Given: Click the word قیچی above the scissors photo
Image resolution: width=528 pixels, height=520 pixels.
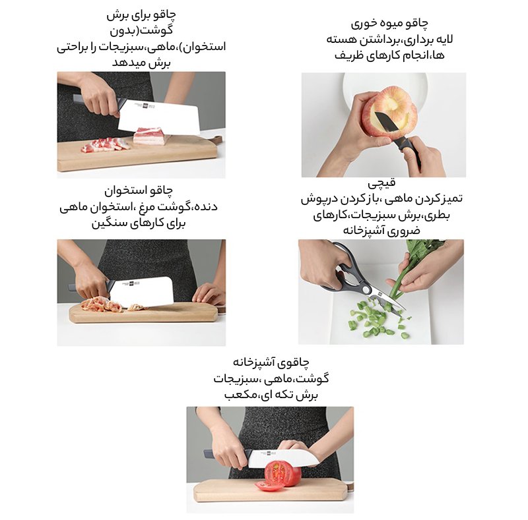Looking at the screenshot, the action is point(381,183).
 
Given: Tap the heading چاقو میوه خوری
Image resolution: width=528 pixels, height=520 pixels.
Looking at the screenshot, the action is point(389,24).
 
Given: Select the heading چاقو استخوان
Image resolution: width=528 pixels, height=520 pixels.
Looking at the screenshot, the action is point(139,190).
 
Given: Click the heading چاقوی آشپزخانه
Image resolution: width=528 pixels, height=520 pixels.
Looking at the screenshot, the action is point(271,362).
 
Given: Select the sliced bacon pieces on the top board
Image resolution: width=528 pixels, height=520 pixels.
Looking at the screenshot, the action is point(105,144).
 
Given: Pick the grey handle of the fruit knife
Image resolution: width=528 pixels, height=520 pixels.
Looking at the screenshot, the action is point(409,150).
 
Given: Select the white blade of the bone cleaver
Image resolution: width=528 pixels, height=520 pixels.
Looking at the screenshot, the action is point(142,291).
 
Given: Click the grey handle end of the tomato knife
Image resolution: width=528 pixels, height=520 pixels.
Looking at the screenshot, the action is point(208,453).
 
